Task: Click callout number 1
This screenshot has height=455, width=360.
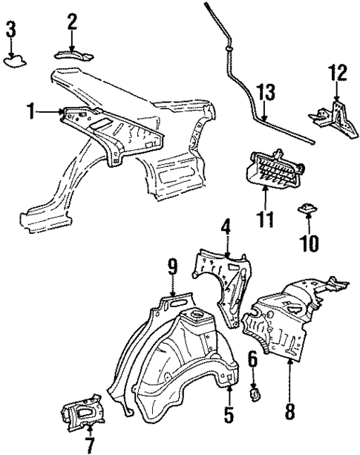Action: (30, 112)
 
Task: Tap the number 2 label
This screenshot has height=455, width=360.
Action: (72, 22)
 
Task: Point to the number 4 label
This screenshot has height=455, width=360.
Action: (225, 226)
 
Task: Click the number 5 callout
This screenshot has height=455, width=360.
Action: (229, 416)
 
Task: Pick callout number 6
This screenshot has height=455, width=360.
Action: (252, 359)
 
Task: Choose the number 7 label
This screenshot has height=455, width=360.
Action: (89, 445)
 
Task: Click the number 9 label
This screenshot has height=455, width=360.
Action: (171, 266)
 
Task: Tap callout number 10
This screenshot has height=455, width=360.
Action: (304, 242)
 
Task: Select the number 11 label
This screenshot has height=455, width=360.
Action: (265, 219)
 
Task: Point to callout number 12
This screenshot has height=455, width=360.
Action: (338, 73)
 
